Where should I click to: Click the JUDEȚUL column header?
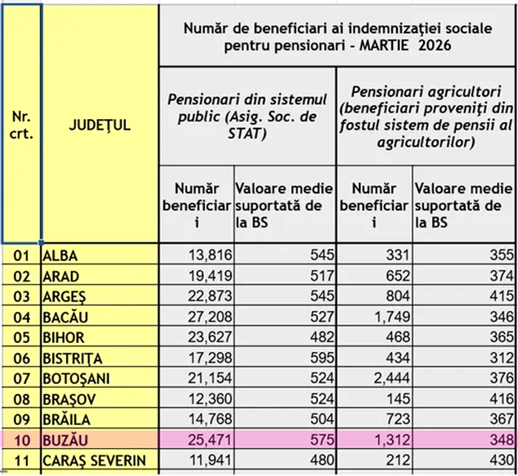[99, 125]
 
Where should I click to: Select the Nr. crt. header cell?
[21, 125]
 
